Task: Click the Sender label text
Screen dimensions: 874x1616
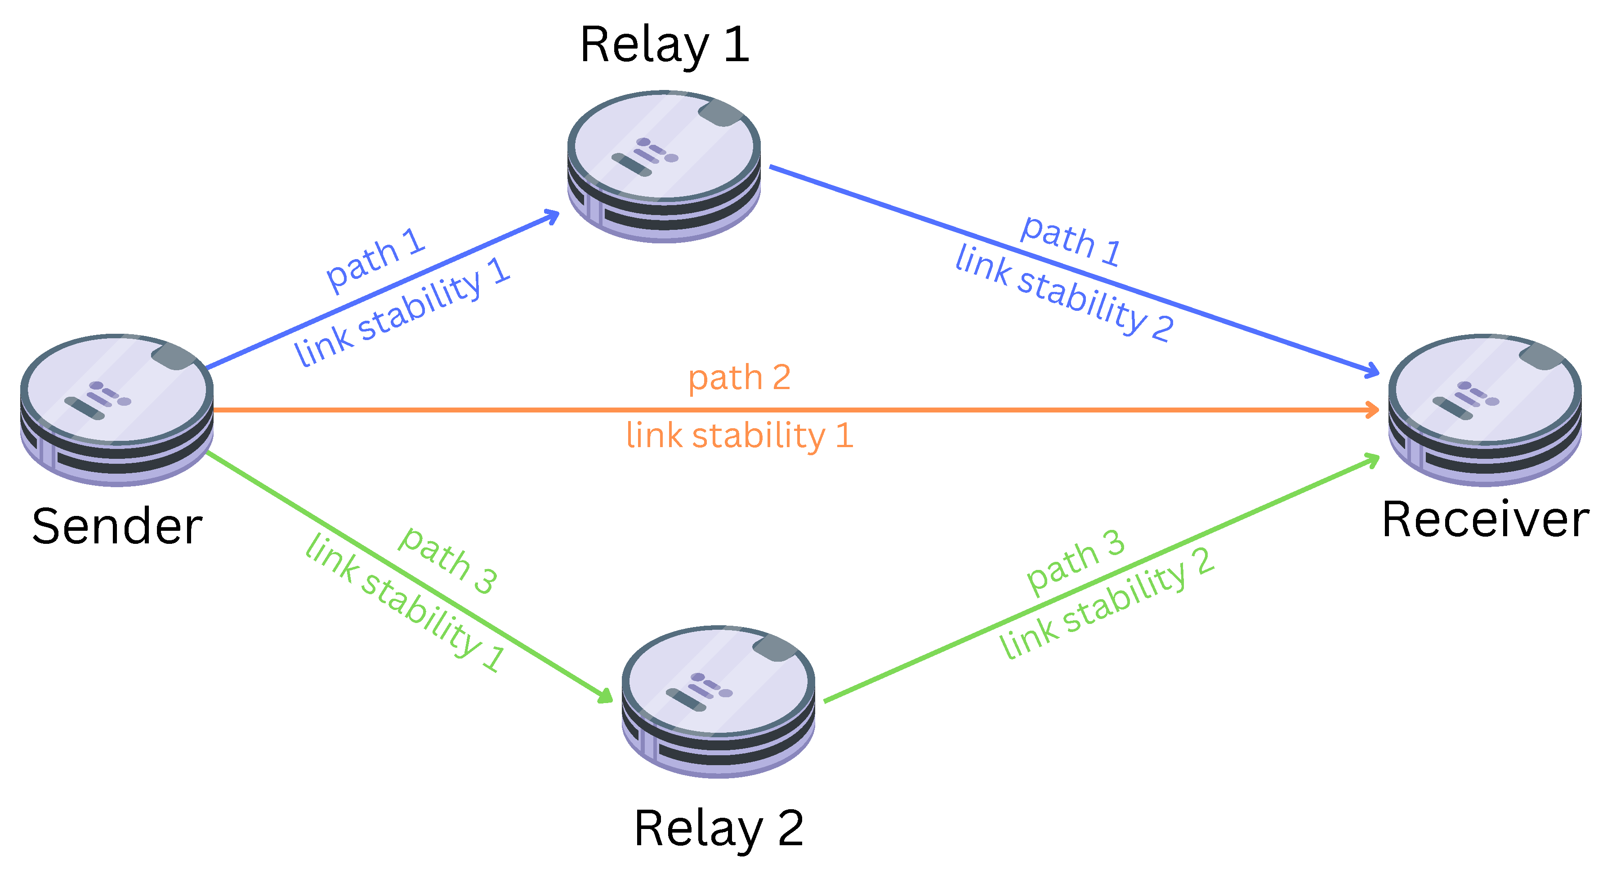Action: point(117,527)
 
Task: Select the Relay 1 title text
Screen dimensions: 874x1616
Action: point(665,45)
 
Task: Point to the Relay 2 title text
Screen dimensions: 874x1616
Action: point(719,828)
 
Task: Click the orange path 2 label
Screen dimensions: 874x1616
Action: point(739,378)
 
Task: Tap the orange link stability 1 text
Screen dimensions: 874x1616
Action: point(740,435)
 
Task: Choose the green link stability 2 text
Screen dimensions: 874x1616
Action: point(1107,604)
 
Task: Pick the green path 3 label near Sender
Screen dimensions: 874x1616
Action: point(448,560)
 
